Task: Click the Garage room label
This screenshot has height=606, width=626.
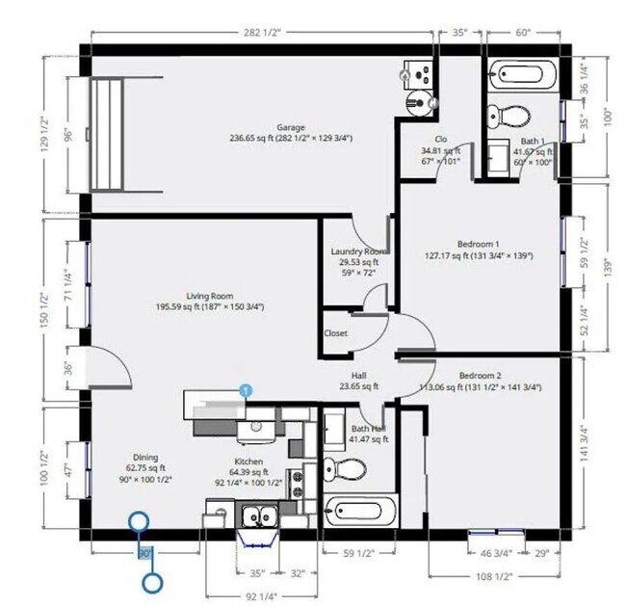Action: click(290, 127)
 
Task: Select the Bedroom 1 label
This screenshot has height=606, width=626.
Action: click(479, 245)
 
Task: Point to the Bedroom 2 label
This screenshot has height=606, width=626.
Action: click(479, 375)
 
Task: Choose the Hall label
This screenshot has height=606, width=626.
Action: click(357, 376)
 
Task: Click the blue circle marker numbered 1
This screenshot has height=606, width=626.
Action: click(247, 390)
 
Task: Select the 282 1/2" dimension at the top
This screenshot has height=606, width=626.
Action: click(261, 32)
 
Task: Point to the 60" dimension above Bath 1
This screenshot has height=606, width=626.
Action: click(523, 32)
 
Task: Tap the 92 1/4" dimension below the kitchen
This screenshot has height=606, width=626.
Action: click(255, 595)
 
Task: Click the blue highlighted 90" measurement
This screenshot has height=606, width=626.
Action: click(144, 554)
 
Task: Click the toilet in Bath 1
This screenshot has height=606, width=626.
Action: click(516, 115)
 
